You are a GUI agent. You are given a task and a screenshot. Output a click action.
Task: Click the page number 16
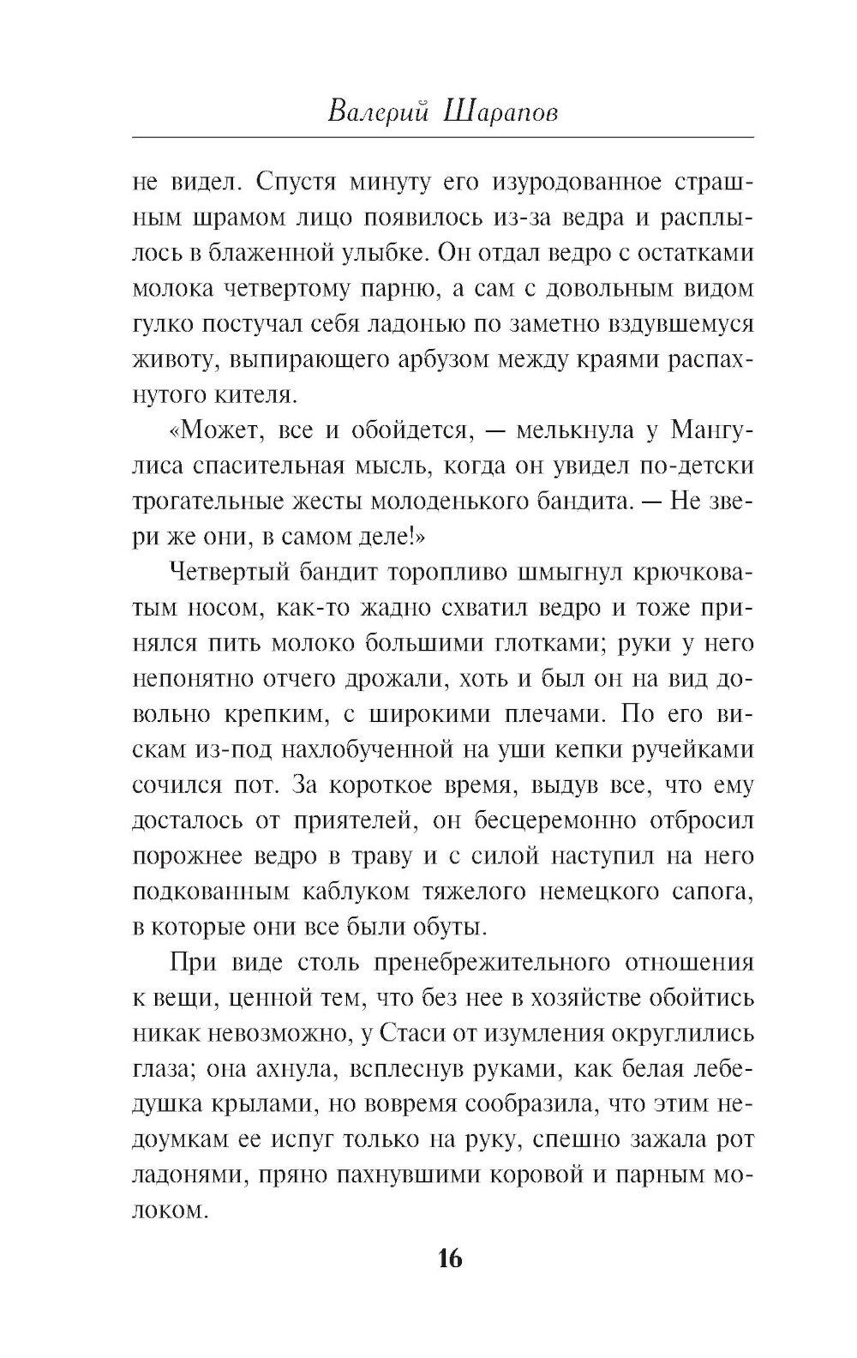(449, 1259)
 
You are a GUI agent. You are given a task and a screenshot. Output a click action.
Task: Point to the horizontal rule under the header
(443, 136)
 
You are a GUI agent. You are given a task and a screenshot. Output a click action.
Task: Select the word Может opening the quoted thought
(216, 431)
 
